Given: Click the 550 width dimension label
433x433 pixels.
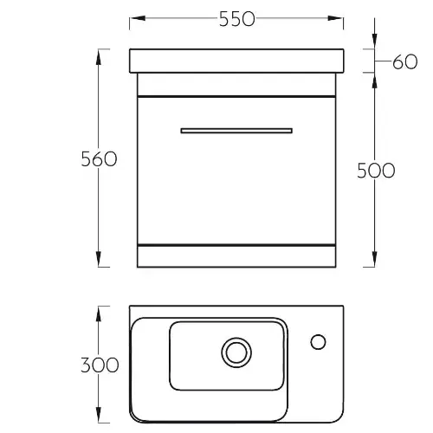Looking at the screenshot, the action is [237, 19].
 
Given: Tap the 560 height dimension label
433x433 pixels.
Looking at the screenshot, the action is [99, 159].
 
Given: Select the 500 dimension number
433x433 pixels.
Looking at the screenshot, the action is [376, 171].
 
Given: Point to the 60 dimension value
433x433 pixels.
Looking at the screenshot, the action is [405, 61].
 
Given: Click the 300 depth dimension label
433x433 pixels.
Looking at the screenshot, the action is [100, 365].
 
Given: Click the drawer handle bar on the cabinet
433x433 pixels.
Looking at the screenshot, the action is [236, 131].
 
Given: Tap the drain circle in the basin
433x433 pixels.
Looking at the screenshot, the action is [236, 352].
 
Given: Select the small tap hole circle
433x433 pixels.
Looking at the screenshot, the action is [318, 342].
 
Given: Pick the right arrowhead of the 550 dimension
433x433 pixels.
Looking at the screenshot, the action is [335, 18].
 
